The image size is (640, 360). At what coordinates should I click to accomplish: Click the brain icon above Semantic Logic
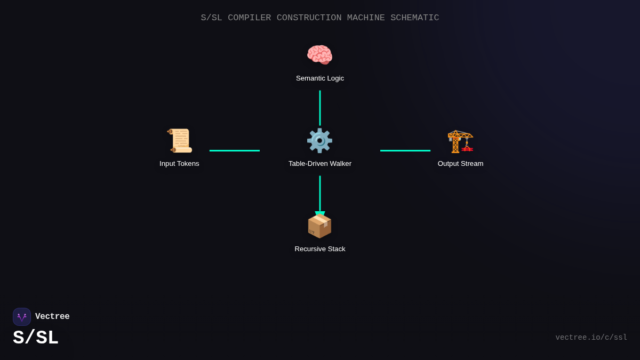click(319, 55)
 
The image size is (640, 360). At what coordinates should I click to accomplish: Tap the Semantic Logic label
click(320, 78)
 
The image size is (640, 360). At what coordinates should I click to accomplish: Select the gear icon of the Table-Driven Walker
click(319, 140)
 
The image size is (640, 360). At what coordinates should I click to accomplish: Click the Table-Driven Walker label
click(320, 164)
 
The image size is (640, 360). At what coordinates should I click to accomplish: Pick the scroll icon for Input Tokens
click(179, 140)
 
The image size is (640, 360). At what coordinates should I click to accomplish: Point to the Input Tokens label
click(179, 164)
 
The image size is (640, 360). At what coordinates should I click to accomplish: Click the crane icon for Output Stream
click(460, 140)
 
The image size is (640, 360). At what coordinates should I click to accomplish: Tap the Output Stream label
click(460, 164)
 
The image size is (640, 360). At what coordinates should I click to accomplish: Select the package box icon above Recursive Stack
click(319, 226)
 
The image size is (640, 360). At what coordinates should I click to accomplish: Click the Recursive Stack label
click(320, 249)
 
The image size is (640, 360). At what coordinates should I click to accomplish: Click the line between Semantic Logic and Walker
click(320, 108)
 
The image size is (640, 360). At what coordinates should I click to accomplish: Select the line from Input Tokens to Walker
click(235, 150)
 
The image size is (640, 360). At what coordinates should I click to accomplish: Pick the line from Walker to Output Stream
click(405, 150)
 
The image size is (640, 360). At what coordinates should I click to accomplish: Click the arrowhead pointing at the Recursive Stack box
click(320, 214)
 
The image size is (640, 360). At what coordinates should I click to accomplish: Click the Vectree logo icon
click(22, 317)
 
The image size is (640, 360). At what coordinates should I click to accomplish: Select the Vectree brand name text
click(52, 317)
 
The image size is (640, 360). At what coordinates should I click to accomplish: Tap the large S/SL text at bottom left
click(36, 338)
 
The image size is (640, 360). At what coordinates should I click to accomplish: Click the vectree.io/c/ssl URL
click(591, 338)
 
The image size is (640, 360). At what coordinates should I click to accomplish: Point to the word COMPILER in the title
click(249, 18)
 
